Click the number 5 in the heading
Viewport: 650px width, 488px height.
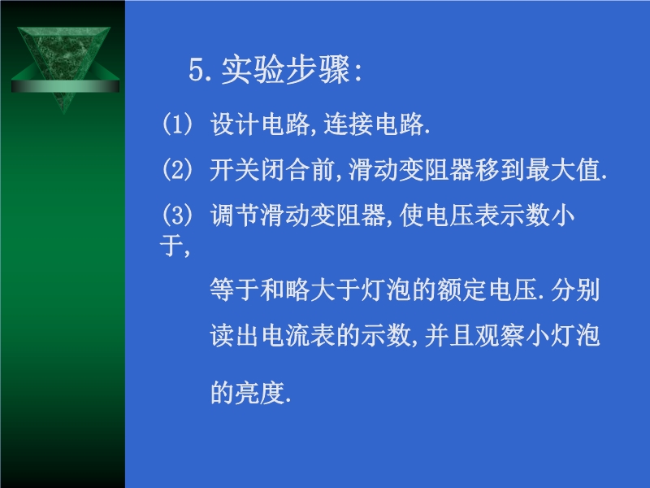(197, 69)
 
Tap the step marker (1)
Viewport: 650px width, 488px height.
(177, 124)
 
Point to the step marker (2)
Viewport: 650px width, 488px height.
(177, 169)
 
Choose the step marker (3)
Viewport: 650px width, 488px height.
(177, 215)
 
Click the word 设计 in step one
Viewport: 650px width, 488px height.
(235, 124)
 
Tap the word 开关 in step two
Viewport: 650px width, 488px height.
(235, 169)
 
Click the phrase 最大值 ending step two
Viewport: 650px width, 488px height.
(563, 169)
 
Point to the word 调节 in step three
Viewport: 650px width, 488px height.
(235, 215)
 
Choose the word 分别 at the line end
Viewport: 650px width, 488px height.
(575, 290)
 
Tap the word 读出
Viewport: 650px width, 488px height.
(235, 335)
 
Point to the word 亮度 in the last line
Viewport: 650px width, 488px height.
(260, 393)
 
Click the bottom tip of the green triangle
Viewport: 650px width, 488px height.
(64, 113)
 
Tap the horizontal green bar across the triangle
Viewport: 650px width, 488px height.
(65, 86)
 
